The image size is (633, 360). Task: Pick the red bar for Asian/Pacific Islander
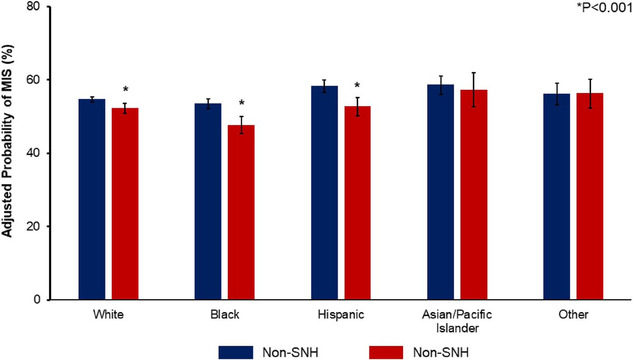pos(474,195)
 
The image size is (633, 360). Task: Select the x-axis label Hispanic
pos(341,315)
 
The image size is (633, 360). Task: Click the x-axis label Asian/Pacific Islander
pos(457,321)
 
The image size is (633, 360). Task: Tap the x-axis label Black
pos(224,315)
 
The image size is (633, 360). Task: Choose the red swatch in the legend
pos(383,351)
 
